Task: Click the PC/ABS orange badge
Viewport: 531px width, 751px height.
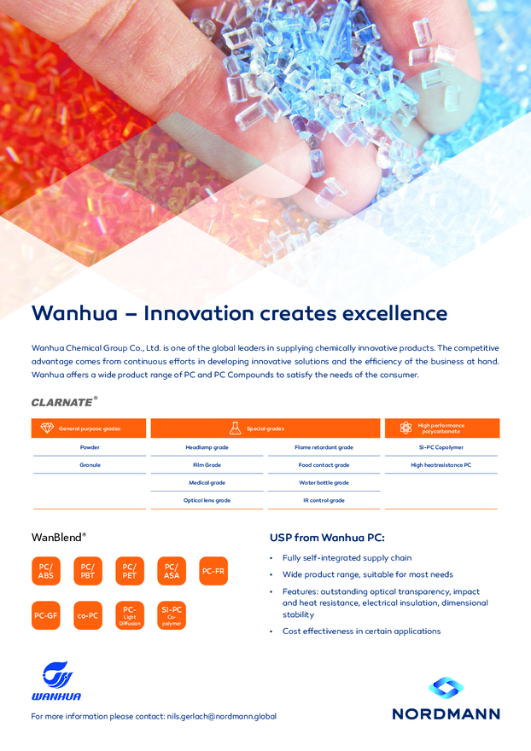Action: [x=46, y=571]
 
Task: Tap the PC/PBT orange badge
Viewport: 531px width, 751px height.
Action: [x=88, y=571]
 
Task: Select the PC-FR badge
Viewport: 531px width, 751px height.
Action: [x=213, y=571]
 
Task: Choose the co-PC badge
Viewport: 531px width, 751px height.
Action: [x=88, y=615]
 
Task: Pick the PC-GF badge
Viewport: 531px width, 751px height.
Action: [x=46, y=615]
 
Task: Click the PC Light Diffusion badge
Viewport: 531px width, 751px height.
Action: [x=130, y=615]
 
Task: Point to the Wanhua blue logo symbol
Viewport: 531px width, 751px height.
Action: [x=57, y=674]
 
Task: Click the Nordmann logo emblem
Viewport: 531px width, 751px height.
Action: [x=446, y=687]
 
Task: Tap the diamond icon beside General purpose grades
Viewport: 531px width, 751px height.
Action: [x=47, y=428]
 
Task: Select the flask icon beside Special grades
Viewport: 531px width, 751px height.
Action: [x=235, y=428]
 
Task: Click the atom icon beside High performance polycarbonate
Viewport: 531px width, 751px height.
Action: [x=406, y=428]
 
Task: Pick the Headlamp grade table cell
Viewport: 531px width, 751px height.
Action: [x=207, y=447]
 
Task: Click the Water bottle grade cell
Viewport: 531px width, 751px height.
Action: [x=324, y=483]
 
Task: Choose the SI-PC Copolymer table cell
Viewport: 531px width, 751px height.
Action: [x=441, y=447]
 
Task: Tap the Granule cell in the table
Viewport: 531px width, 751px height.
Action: [x=90, y=465]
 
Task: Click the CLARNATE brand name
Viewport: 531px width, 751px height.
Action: [x=61, y=402]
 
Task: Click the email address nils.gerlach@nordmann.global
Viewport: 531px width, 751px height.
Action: [x=221, y=717]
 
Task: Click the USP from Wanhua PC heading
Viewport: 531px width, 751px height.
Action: [x=327, y=538]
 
